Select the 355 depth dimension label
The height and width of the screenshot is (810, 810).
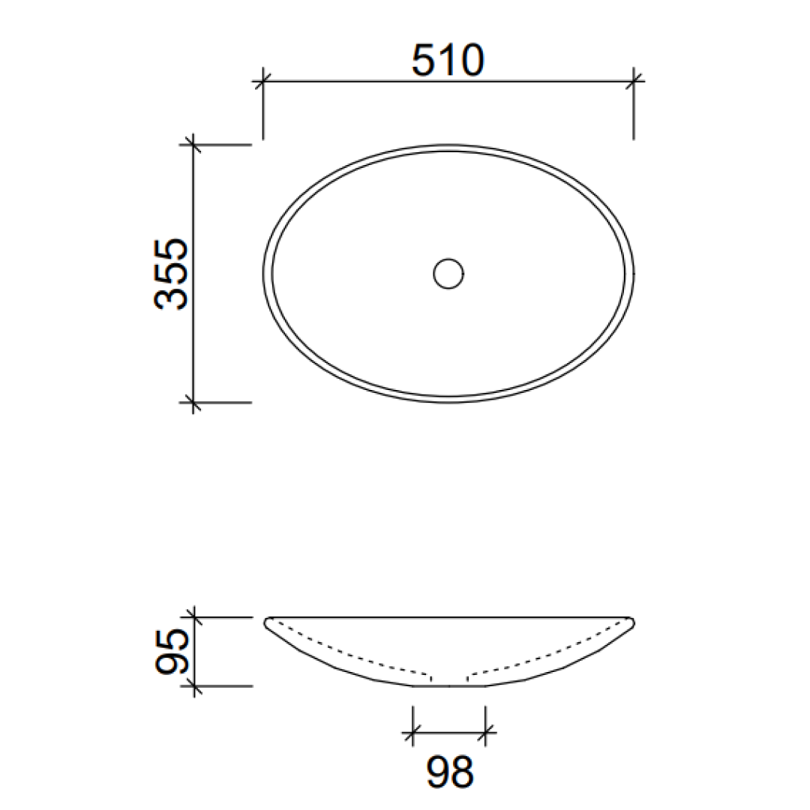[x=171, y=274]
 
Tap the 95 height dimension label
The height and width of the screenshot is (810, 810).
[x=171, y=652]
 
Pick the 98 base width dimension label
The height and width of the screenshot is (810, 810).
[x=450, y=772]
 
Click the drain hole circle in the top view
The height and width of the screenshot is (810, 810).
[x=448, y=274]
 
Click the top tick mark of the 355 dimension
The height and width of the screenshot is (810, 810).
[x=193, y=144]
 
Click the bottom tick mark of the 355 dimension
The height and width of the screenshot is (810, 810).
[x=193, y=403]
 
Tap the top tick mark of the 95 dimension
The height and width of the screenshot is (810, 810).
[x=194, y=617]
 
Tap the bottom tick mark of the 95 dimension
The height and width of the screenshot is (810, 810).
[x=194, y=685]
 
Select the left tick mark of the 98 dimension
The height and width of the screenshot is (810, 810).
[x=412, y=733]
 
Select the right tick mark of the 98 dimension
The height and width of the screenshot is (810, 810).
[x=485, y=733]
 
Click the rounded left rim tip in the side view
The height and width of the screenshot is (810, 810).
[x=268, y=622]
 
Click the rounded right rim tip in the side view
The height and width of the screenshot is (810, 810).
[x=631, y=622]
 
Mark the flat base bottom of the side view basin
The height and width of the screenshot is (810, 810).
[x=448, y=685]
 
